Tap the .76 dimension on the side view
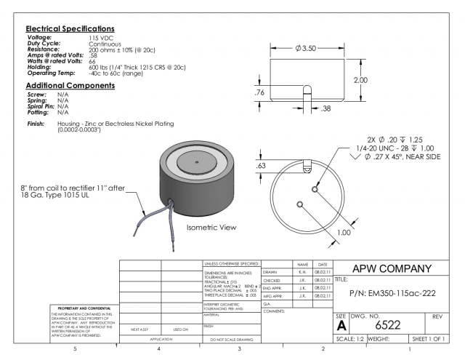pos(260,92)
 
